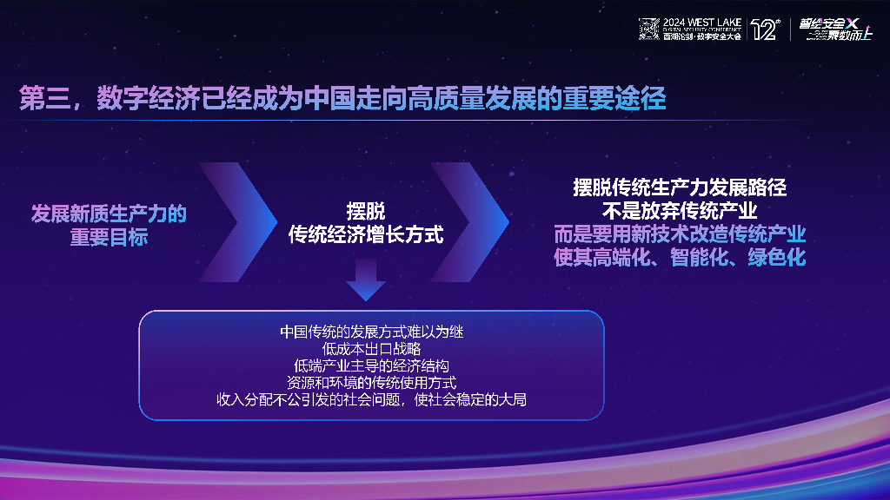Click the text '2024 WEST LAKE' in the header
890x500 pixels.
(x=701, y=23)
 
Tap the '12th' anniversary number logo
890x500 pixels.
(x=764, y=30)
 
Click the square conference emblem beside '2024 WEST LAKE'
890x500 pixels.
(x=649, y=30)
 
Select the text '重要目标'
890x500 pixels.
(x=109, y=237)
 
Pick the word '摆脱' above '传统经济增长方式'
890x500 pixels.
(x=366, y=211)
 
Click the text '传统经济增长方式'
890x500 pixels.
(x=366, y=234)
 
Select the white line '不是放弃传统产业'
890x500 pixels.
(x=680, y=211)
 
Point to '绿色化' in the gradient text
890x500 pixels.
(x=777, y=258)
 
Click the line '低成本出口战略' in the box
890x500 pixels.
(x=371, y=348)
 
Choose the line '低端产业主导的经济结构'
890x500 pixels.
(x=371, y=365)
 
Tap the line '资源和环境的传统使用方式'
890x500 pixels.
(x=371, y=382)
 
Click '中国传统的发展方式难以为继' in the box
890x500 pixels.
(x=371, y=331)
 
